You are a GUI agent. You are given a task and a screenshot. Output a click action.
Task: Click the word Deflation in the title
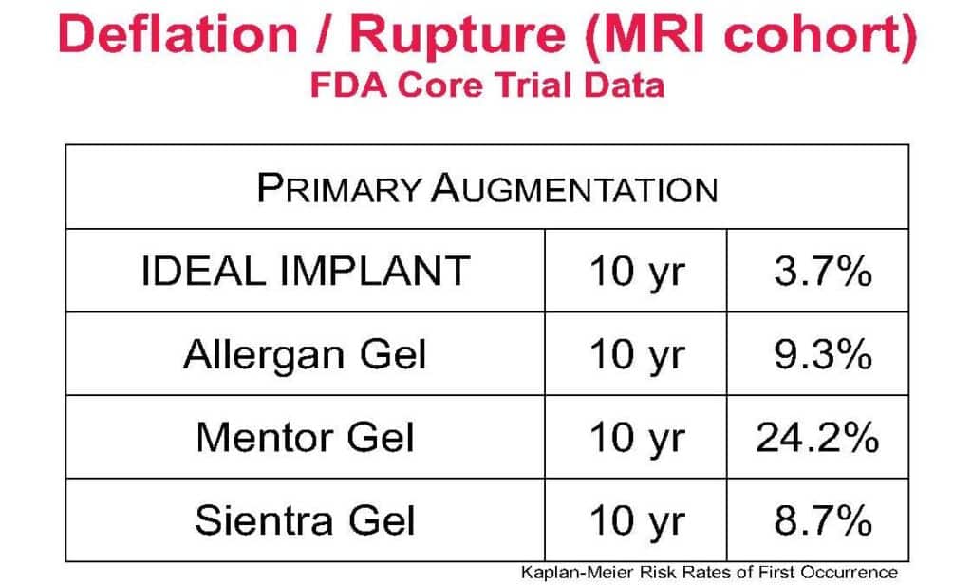point(178,35)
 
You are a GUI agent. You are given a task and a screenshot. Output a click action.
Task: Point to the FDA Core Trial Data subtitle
point(487,85)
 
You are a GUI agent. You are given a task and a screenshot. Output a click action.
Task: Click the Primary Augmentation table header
point(487,187)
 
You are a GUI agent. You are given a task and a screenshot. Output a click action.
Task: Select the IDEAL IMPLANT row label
point(306,271)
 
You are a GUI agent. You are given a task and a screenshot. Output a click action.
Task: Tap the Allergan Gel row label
point(305,354)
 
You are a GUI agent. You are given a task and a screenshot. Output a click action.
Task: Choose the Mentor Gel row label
point(305,438)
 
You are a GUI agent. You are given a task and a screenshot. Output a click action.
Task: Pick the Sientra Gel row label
point(305,519)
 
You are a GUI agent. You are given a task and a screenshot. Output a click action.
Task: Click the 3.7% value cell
point(823,271)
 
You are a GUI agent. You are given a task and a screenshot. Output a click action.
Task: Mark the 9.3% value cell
point(823,354)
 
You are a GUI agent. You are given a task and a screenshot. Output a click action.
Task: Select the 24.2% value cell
point(817,438)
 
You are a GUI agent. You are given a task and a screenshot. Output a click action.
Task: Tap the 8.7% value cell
point(823,519)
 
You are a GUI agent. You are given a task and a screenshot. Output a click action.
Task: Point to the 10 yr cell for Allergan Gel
point(637,355)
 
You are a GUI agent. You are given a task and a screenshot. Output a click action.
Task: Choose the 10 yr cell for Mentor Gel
point(637,439)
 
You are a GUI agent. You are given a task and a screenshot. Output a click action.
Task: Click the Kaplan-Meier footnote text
point(709,573)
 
